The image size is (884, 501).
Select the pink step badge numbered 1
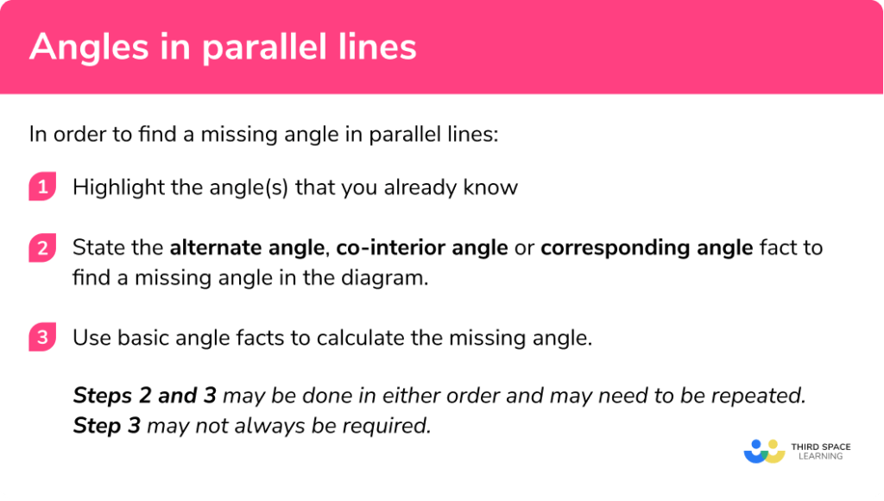[41, 187]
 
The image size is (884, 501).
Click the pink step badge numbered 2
[41, 249]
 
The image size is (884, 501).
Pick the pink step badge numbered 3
[41, 338]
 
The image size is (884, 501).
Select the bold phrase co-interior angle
[422, 249]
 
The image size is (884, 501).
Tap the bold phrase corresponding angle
[647, 249]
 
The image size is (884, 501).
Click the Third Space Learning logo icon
[764, 451]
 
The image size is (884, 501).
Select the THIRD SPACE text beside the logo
[820, 447]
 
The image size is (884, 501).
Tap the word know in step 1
[495, 187]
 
